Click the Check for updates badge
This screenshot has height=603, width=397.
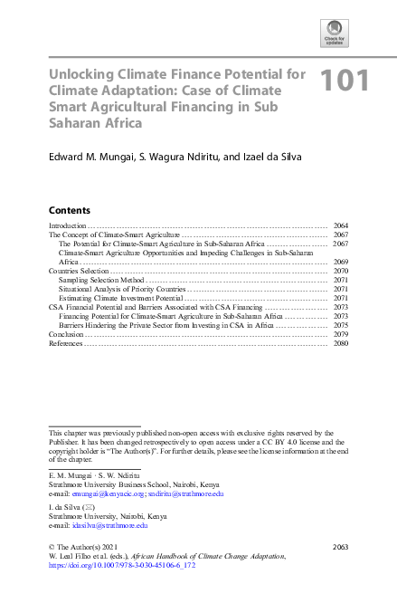(x=334, y=33)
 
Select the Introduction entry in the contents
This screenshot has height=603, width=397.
(x=67, y=225)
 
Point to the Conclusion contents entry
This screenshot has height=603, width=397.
(x=66, y=334)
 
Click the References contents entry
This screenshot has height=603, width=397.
(x=65, y=343)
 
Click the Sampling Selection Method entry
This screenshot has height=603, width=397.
(x=97, y=280)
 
